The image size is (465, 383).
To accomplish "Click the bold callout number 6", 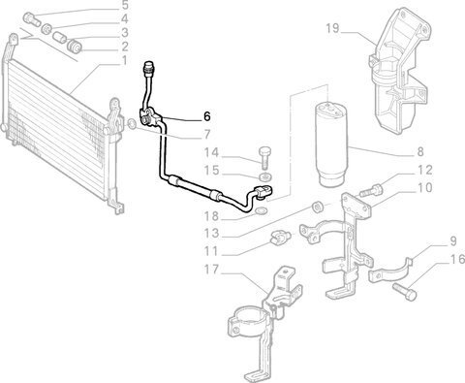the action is [x=207, y=116].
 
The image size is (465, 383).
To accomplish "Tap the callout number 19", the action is [x=332, y=28].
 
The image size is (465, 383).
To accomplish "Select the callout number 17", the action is [x=211, y=269].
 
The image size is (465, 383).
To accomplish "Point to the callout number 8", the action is [x=420, y=151].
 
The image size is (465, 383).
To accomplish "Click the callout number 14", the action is [x=211, y=152].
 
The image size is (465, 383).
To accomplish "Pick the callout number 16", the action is [x=457, y=259].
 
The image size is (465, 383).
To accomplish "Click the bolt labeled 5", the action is [x=31, y=18].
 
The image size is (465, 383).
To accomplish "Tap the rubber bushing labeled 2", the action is [x=75, y=47].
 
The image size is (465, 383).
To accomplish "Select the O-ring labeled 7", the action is [x=132, y=124].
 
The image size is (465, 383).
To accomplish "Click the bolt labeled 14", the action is [x=264, y=157].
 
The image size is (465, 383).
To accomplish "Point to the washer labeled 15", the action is [x=265, y=176].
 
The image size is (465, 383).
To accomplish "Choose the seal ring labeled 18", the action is [x=262, y=211].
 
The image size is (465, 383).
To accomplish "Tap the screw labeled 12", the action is [x=371, y=190].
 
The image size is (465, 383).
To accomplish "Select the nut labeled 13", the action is [x=317, y=207].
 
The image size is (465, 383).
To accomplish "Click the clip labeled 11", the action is [x=280, y=238].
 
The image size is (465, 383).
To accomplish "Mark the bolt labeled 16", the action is [x=404, y=292].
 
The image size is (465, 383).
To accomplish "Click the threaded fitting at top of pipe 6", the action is [x=149, y=66].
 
